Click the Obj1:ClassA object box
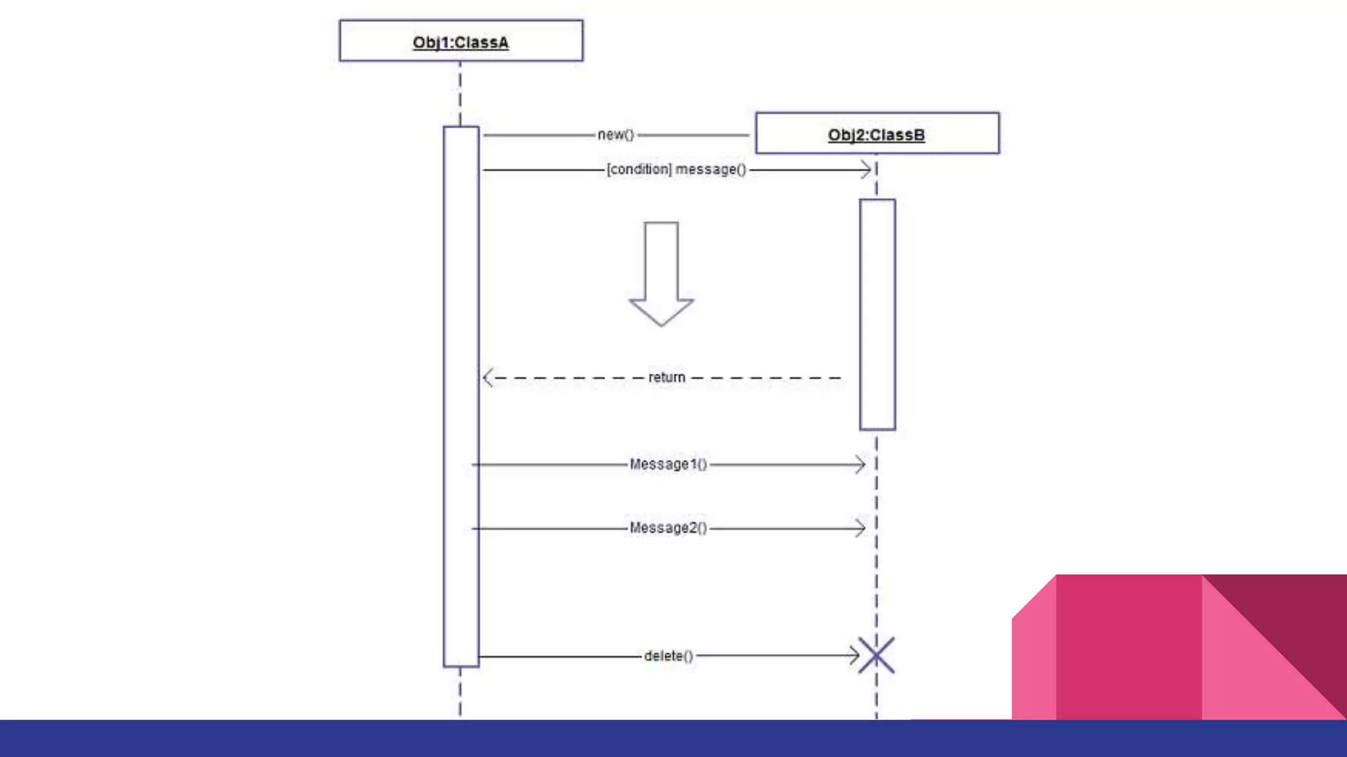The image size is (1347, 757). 460,41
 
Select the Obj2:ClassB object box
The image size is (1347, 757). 877,133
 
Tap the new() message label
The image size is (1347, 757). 616,135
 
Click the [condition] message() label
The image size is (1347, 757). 676,170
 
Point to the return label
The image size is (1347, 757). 666,378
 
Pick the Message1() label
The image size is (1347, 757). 668,465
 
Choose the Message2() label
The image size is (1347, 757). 668,528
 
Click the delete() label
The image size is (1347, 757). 668,656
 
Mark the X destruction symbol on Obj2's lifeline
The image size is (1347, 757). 877,655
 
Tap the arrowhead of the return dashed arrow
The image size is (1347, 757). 487,378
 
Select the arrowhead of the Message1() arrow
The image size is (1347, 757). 860,465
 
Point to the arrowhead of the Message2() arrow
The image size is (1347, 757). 860,528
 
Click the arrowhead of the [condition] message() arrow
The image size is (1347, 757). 866,170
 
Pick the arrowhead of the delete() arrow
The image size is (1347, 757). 854,655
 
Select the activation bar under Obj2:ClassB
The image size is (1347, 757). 877,314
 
